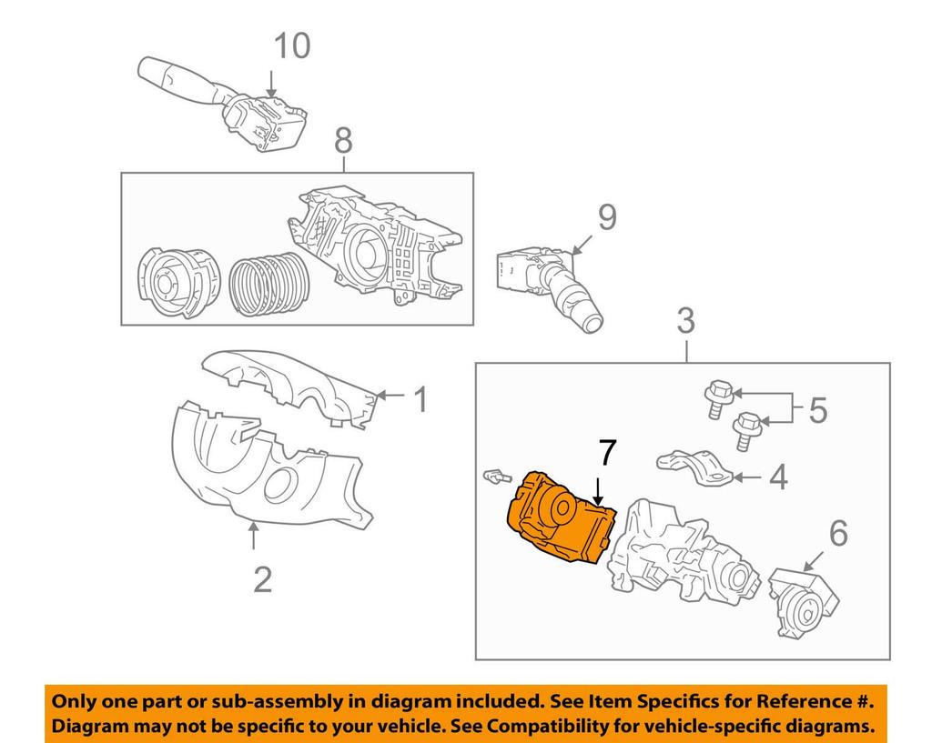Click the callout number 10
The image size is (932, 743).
tap(292, 46)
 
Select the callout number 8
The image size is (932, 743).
tap(343, 141)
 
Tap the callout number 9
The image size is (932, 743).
tap(607, 217)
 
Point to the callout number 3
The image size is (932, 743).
tap(686, 321)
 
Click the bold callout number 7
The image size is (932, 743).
tap(607, 453)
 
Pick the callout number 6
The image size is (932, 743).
tap(838, 533)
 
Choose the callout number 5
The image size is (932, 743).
tap(818, 410)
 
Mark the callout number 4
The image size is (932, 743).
tap(779, 477)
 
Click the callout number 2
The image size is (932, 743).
tap(262, 579)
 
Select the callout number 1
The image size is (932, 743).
tap(420, 399)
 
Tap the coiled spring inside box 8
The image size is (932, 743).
tap(269, 284)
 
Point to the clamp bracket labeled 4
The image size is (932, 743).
tap(695, 467)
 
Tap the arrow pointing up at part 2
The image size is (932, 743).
tap(253, 535)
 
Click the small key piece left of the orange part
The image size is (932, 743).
tap(497, 476)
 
